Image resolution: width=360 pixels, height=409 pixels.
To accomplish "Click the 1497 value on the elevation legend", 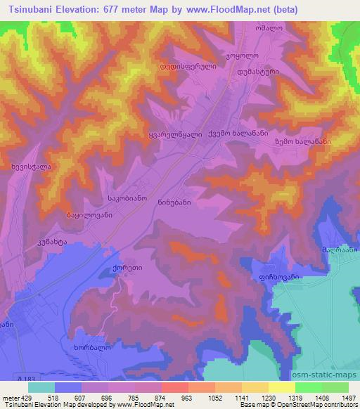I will [x=340, y=398].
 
